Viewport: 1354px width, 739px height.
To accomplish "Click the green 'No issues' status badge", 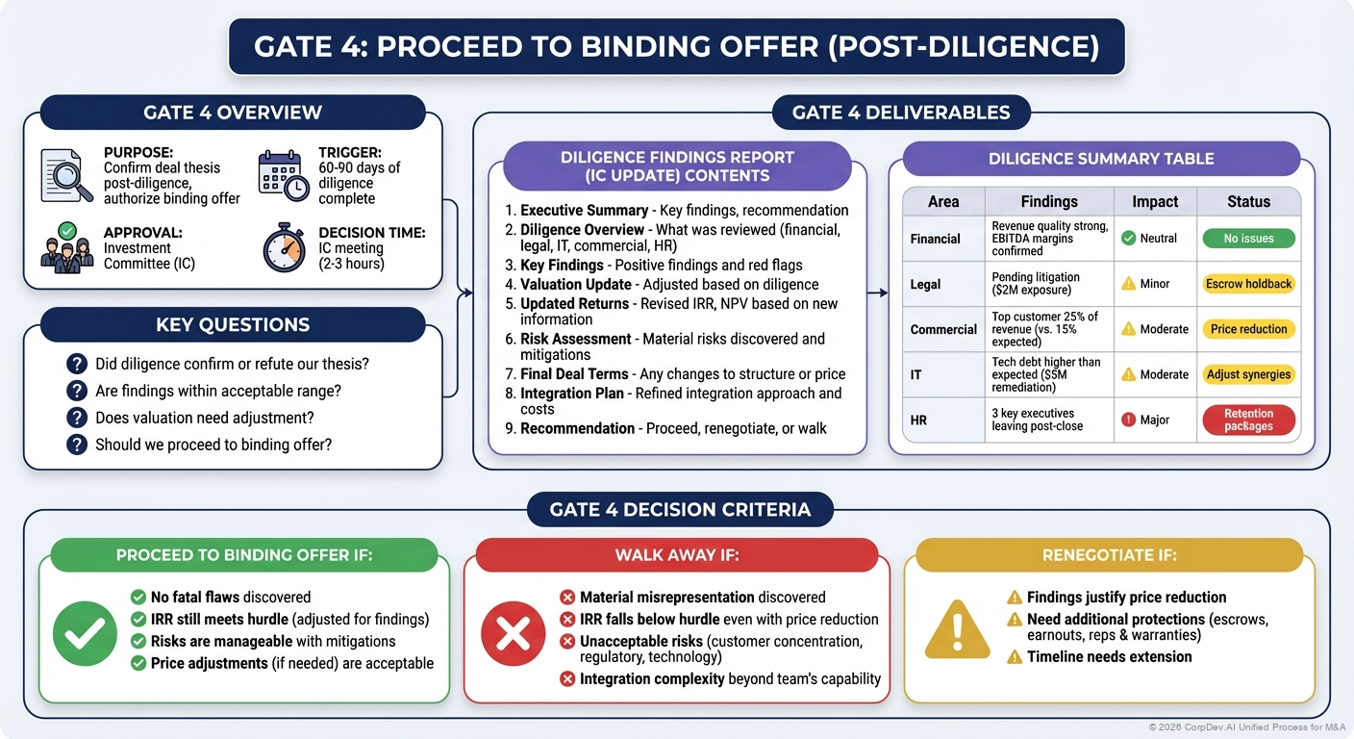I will click(1248, 239).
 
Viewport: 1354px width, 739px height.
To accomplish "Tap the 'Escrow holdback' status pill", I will click(1248, 284).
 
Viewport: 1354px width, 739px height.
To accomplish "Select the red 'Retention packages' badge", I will click(1248, 420).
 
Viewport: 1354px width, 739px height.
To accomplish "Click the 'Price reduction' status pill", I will click(1248, 329).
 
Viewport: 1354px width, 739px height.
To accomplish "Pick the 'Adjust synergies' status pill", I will click(1248, 374).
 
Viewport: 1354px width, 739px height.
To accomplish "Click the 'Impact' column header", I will click(1155, 201).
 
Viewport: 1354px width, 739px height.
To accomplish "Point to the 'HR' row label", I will click(918, 420).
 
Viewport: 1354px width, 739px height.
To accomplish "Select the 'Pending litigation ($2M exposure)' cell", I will click(1036, 284).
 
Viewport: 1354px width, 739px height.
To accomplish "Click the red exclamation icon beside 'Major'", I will click(1129, 420).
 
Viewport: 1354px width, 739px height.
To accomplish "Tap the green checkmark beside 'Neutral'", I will click(1129, 239).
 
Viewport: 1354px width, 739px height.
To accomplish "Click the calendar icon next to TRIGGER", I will click(284, 176).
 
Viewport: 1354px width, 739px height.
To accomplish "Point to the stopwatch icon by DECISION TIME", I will click(285, 248).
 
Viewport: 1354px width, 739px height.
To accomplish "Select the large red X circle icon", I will click(513, 633).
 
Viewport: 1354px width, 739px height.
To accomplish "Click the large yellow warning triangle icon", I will click(957, 631).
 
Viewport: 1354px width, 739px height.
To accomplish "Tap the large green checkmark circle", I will click(85, 633).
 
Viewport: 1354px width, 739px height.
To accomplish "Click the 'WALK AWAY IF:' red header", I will click(677, 555).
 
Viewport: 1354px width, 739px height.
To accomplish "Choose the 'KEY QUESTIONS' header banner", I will click(233, 324).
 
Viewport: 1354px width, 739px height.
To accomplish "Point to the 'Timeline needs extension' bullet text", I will click(1109, 656).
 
